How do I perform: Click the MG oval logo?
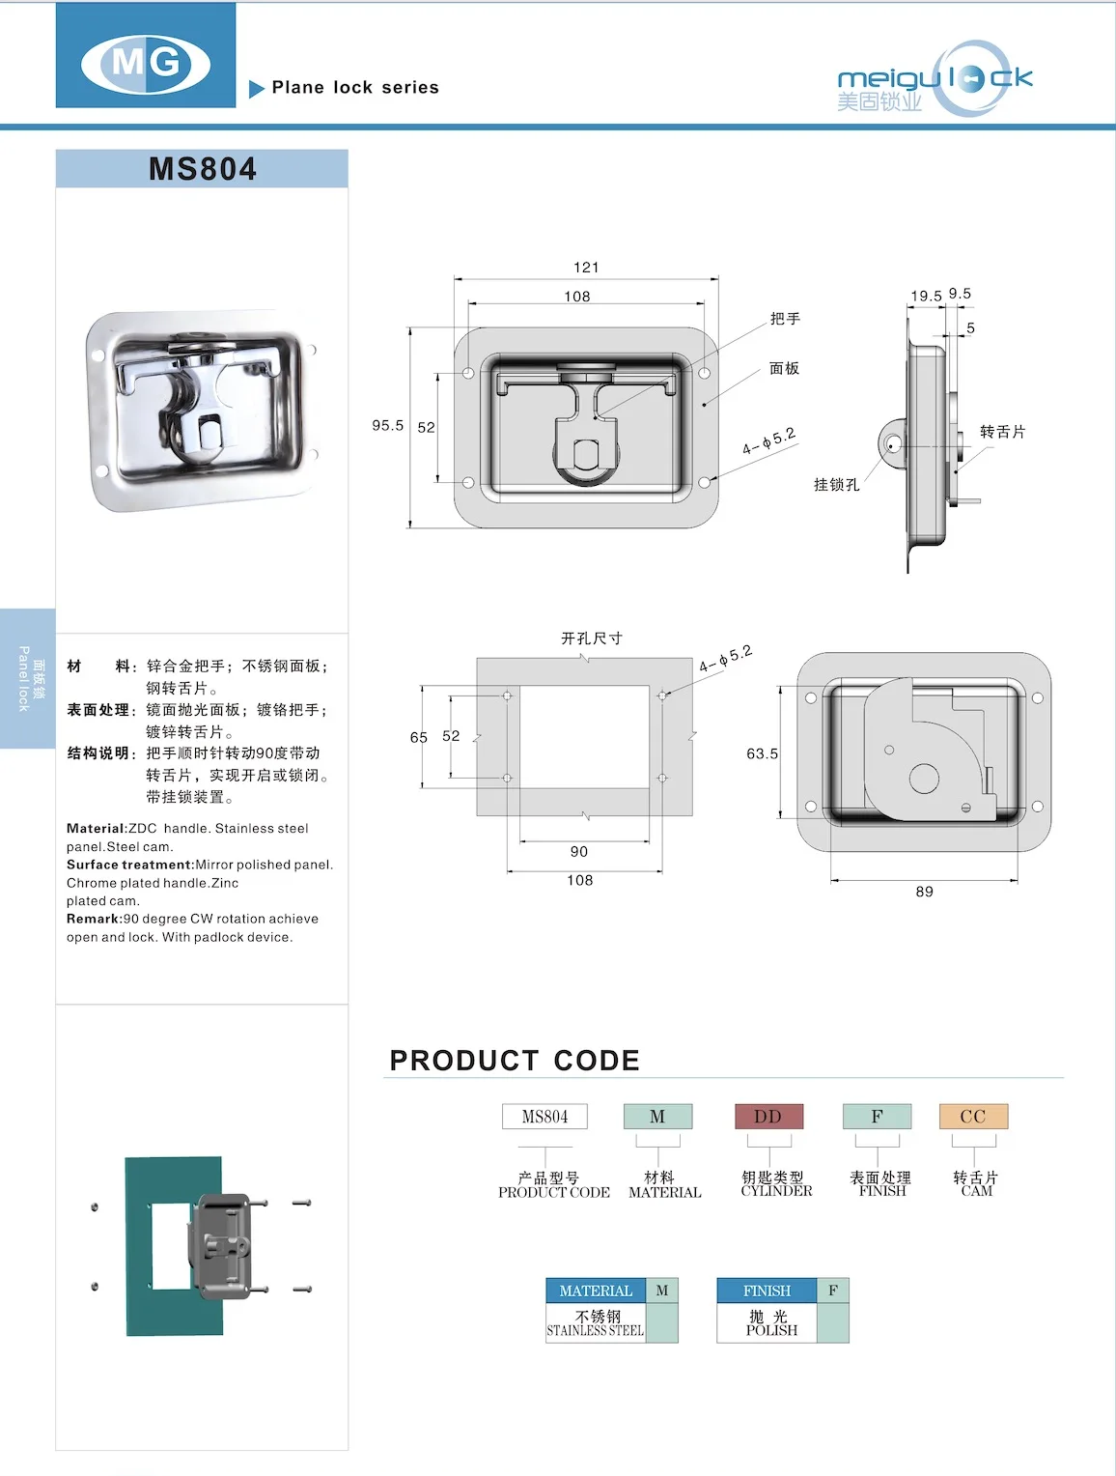pyautogui.click(x=146, y=64)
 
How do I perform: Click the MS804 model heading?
pyautogui.click(x=203, y=169)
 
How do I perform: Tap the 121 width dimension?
pyautogui.click(x=586, y=268)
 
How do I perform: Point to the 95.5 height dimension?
pyautogui.click(x=388, y=425)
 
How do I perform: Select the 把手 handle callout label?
pyautogui.click(x=785, y=319)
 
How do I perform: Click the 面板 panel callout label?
pyautogui.click(x=784, y=368)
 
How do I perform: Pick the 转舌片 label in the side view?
pyautogui.click(x=1002, y=432)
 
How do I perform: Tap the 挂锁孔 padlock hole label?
pyautogui.click(x=836, y=484)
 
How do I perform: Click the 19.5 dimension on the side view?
pyautogui.click(x=926, y=296)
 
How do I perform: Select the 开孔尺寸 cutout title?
pyautogui.click(x=592, y=639)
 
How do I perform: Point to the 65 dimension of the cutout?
pyautogui.click(x=418, y=737)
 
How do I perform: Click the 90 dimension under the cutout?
pyautogui.click(x=579, y=851)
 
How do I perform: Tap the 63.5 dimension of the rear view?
pyautogui.click(x=762, y=753)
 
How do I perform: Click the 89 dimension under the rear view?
pyautogui.click(x=924, y=892)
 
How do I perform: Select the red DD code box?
pyautogui.click(x=767, y=1117)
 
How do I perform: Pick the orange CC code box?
pyautogui.click(x=973, y=1117)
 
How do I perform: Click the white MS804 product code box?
pyautogui.click(x=544, y=1117)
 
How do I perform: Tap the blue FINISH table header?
pyautogui.click(x=767, y=1291)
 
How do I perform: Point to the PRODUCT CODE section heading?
pyautogui.click(x=515, y=1061)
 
